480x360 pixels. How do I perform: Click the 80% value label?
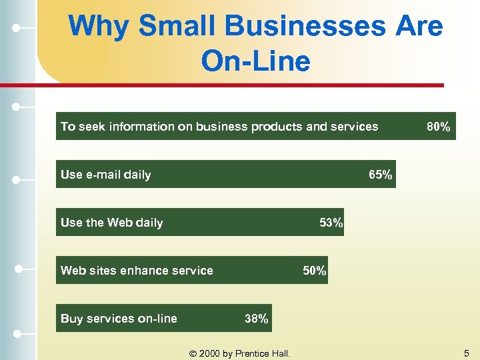(438, 127)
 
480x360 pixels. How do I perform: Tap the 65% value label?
(381, 175)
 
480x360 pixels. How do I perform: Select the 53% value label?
(331, 223)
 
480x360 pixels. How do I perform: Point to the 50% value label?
(315, 271)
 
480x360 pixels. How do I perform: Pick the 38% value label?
(257, 319)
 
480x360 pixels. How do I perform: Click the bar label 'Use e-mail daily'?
(105, 175)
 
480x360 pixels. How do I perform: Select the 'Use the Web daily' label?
(111, 223)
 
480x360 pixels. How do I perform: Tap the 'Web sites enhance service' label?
(137, 271)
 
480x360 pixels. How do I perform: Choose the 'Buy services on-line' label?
(119, 319)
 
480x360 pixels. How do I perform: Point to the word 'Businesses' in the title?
(306, 27)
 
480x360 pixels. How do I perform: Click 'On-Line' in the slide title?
(255, 61)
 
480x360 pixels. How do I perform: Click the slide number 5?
(467, 353)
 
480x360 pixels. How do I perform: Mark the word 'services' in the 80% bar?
(353, 127)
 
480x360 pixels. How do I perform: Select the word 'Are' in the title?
(419, 27)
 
